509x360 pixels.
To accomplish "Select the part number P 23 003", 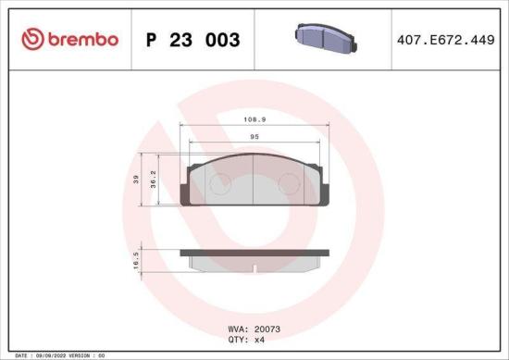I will pyautogui.click(x=193, y=41).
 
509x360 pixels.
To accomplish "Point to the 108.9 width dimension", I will pyautogui.click(x=254, y=120).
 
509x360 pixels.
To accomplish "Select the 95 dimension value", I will pyautogui.click(x=254, y=137).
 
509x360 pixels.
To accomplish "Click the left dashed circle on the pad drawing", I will pyautogui.click(x=218, y=185).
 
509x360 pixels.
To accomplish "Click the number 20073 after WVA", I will pyautogui.click(x=268, y=327).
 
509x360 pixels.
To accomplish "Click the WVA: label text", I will pyautogui.click(x=238, y=327).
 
